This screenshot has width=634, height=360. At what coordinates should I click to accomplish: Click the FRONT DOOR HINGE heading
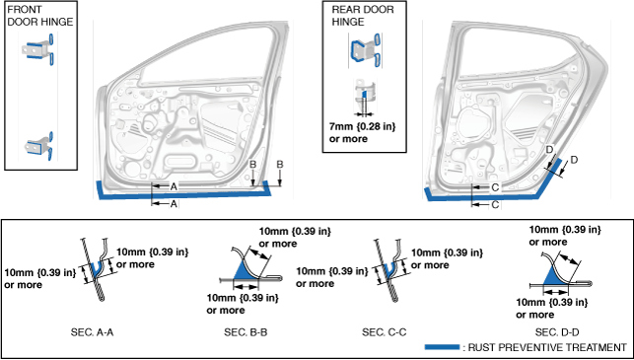coord(40,16)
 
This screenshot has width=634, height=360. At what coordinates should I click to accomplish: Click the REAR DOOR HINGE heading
coord(363,16)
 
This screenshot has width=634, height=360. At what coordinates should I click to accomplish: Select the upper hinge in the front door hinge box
coord(38,50)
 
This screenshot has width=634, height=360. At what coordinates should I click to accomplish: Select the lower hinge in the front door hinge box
coord(39,146)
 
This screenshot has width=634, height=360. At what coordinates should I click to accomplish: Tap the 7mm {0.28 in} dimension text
coord(362,126)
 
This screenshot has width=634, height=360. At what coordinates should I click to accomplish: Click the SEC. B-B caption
coord(246,332)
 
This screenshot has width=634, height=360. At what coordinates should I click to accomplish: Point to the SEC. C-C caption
coord(385,332)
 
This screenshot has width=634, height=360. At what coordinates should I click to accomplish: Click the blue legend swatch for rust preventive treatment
coord(442,346)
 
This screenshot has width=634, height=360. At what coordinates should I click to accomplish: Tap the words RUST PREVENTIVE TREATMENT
coord(547,347)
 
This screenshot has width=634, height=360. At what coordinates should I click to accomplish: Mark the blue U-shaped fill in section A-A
coord(96,270)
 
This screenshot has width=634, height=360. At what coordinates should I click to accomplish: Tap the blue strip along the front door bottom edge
coord(184,195)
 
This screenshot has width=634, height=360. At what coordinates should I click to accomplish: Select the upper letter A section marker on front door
coord(174,186)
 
